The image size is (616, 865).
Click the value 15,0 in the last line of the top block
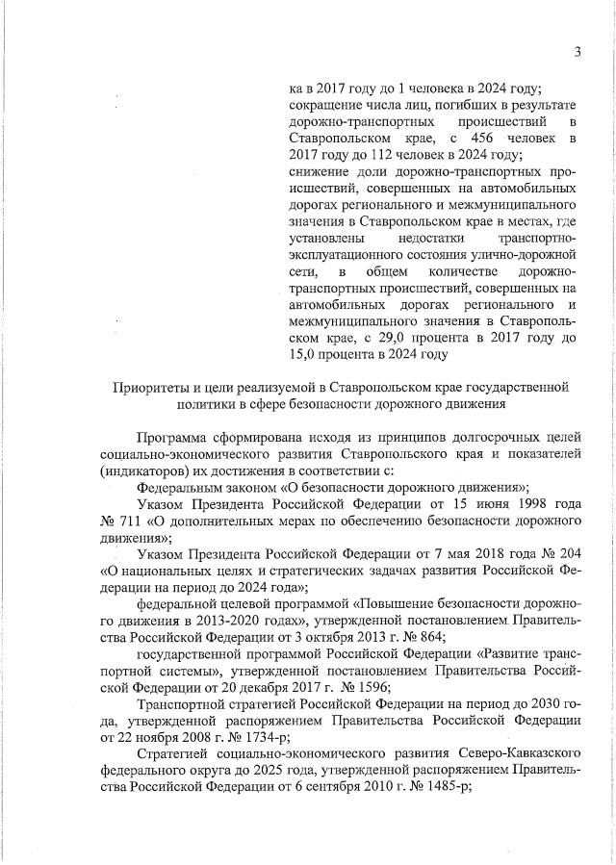coord(308,354)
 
